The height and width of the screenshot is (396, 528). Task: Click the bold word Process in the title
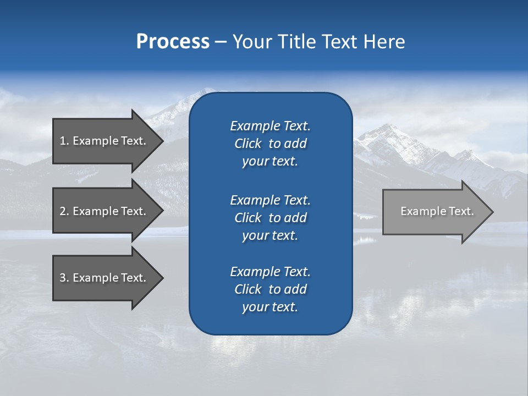coord(173,42)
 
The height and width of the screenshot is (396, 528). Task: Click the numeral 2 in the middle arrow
coord(63,211)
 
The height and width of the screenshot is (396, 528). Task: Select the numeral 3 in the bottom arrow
coord(63,278)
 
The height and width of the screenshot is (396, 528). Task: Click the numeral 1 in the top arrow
coord(63,141)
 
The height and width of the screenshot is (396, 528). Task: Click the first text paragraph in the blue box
coord(270,144)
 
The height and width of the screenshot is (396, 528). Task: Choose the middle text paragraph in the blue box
coord(270,217)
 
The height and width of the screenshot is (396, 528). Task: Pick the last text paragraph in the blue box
coord(270,289)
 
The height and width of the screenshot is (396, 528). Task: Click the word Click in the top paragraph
coord(248,144)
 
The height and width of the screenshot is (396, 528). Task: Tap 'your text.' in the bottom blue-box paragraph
coord(270,307)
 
